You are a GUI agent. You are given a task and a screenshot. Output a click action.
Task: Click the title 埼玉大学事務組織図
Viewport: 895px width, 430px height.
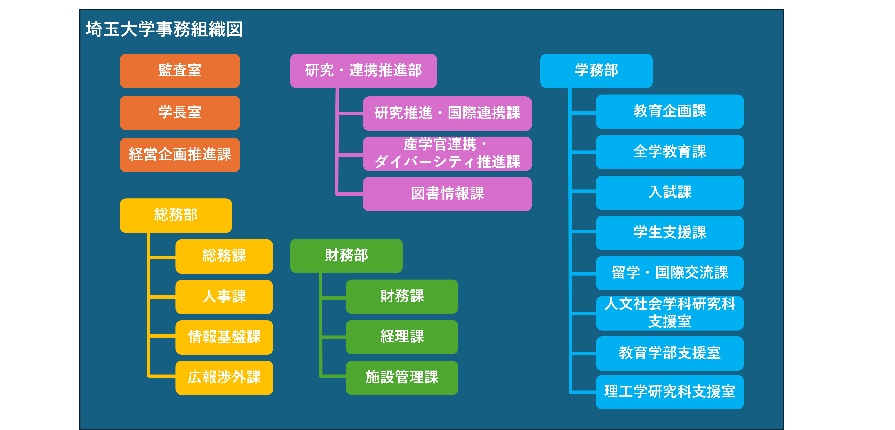pos(164,29)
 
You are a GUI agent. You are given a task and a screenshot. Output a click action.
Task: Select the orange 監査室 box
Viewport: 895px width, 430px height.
pos(180,71)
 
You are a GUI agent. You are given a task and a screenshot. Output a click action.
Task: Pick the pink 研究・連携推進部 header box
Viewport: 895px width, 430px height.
pos(363,71)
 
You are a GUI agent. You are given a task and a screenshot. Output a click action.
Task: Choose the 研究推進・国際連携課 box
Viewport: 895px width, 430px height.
pos(447,113)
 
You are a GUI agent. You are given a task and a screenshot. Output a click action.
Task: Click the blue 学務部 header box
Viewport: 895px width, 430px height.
pos(596,71)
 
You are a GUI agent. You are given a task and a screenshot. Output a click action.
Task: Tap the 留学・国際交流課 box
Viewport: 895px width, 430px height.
pos(669,273)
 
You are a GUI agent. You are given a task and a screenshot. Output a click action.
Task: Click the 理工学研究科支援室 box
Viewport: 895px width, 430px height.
pos(669,392)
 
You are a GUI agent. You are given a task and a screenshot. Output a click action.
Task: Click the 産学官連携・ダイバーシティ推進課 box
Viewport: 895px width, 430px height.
pos(447,154)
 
